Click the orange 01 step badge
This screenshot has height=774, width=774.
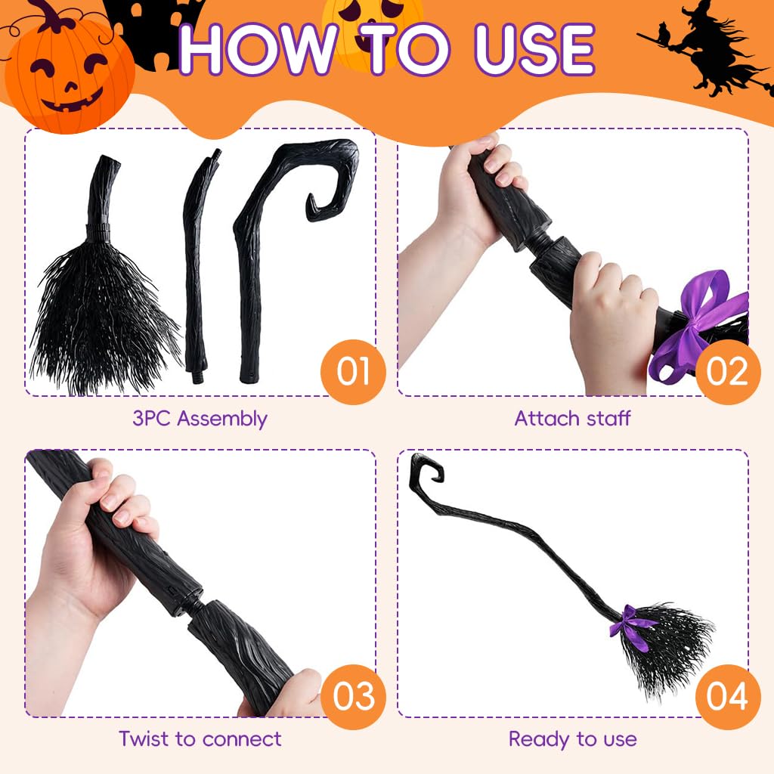pyautogui.click(x=353, y=372)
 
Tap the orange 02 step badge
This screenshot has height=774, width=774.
pyautogui.click(x=727, y=372)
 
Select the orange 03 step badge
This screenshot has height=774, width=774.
pyautogui.click(x=353, y=695)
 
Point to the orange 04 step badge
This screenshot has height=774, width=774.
pyautogui.click(x=727, y=695)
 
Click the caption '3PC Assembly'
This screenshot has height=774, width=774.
pyautogui.click(x=200, y=418)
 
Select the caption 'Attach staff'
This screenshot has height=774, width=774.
pyautogui.click(x=572, y=418)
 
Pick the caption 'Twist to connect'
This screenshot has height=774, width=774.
pyautogui.click(x=200, y=738)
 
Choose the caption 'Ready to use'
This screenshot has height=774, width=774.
pyautogui.click(x=572, y=738)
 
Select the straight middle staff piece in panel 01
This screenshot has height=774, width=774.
pyautogui.click(x=198, y=265)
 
